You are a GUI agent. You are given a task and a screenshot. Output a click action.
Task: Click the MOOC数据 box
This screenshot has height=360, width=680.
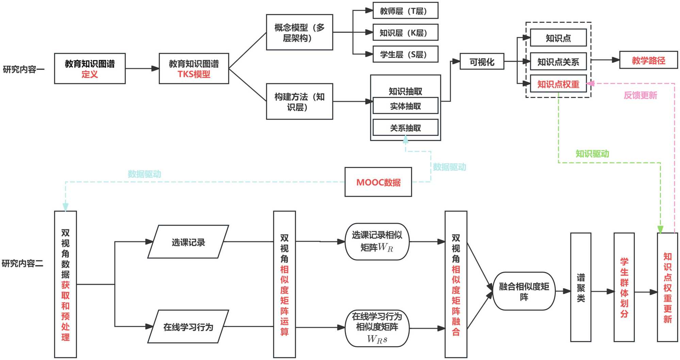click(378, 182)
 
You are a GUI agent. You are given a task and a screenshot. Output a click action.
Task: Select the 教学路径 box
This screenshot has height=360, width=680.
click(648, 60)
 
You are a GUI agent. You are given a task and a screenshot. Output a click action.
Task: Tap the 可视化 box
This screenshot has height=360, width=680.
click(482, 62)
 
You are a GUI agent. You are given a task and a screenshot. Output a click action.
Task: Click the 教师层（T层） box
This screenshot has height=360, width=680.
click(405, 11)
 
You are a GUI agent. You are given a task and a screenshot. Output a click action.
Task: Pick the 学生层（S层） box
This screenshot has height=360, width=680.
click(405, 54)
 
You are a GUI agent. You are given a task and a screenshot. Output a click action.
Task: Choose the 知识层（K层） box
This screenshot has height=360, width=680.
click(405, 33)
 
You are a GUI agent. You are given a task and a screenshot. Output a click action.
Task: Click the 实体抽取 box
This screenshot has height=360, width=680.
click(405, 106)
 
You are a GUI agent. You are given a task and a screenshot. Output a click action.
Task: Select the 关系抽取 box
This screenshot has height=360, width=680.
click(405, 128)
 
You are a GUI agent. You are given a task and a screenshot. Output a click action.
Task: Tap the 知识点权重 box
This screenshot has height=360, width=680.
click(558, 84)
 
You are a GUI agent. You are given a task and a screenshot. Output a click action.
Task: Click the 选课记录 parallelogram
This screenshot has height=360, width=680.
click(188, 242)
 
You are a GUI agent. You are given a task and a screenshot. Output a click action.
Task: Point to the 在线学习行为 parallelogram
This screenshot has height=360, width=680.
click(188, 327)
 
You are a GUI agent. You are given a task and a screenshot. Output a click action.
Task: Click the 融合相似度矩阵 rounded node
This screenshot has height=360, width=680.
click(524, 291)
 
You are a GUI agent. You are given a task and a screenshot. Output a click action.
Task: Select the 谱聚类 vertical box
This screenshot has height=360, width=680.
click(580, 288)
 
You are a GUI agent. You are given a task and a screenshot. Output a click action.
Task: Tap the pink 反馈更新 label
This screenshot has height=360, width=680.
click(640, 95)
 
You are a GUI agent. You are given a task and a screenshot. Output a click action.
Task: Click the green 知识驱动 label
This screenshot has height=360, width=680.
click(592, 154)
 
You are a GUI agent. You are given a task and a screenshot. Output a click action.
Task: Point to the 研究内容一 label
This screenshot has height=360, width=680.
click(23, 69)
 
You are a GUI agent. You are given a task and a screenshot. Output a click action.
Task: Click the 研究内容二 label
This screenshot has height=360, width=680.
click(22, 263)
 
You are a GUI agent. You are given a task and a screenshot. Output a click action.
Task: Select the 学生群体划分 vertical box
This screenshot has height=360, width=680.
click(624, 288)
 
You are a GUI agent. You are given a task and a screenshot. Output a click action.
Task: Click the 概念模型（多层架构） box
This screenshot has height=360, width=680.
click(299, 32)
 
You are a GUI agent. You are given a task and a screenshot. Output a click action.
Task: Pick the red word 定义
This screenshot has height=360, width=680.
click(89, 74)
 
